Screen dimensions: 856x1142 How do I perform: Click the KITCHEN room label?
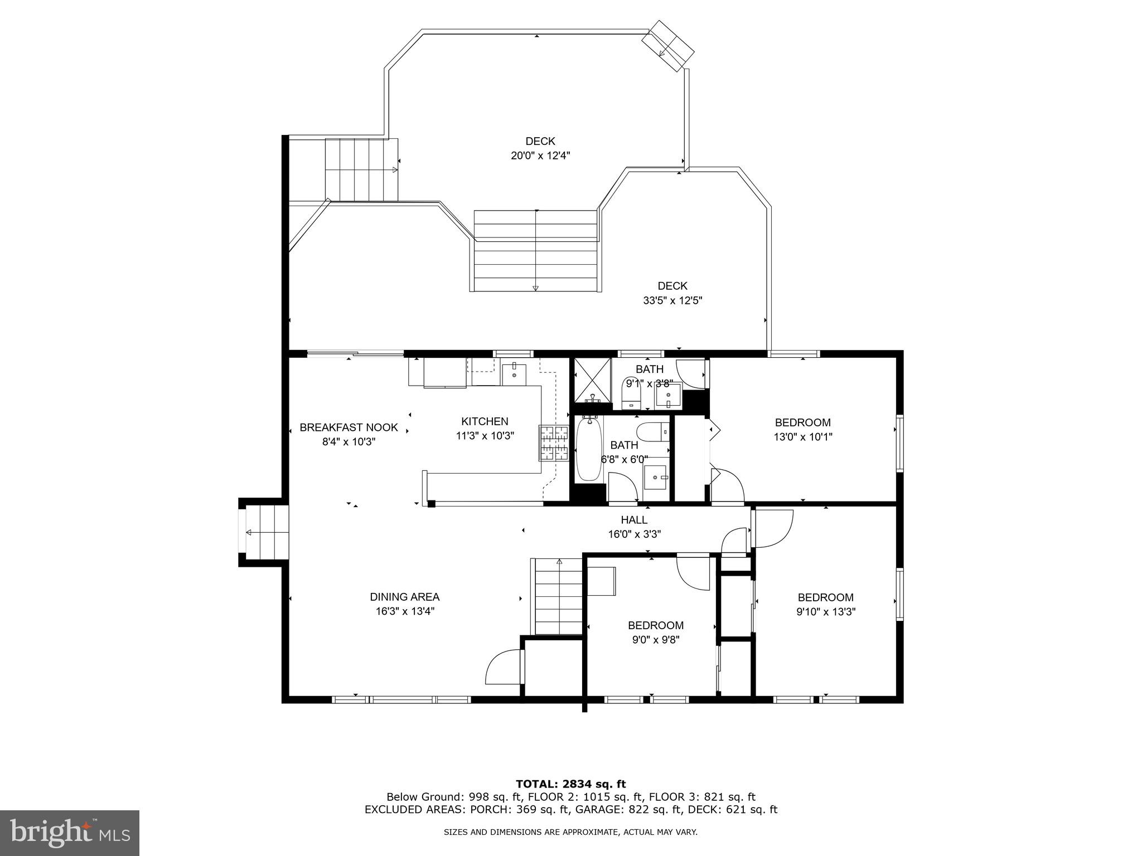[485, 422]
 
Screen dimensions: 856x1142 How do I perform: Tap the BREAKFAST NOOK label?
[349, 427]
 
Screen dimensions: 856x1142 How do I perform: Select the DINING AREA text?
[404, 597]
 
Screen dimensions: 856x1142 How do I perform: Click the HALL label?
[634, 520]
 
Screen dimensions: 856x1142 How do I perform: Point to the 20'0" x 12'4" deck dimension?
[540, 156]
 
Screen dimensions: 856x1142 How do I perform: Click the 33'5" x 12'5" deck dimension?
[672, 301]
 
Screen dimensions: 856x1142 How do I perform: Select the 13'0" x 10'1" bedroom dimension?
[802, 437]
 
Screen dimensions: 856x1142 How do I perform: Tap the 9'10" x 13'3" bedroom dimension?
[825, 611]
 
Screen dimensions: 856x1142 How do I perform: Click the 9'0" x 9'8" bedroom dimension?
[655, 640]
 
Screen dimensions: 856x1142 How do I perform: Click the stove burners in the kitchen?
[553, 442]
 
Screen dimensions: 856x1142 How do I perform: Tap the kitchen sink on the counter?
[514, 374]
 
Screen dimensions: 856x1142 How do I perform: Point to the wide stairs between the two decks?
[535, 251]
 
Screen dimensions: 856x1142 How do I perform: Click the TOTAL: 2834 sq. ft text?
[570, 785]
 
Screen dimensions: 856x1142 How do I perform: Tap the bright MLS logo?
[70, 833]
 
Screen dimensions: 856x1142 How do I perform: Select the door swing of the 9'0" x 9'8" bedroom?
[692, 574]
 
